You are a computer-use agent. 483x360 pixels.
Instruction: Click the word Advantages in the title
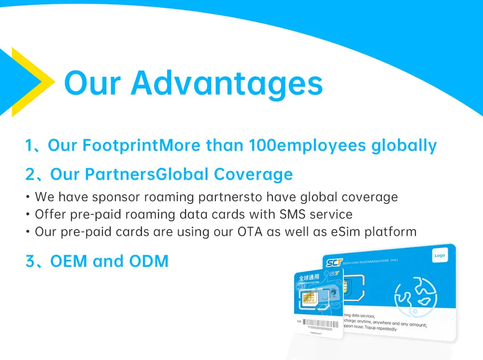227,83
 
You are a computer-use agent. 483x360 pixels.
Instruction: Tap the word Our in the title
91,83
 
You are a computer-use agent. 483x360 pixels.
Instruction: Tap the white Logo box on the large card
440,256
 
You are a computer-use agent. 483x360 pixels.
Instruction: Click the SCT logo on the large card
333,263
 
